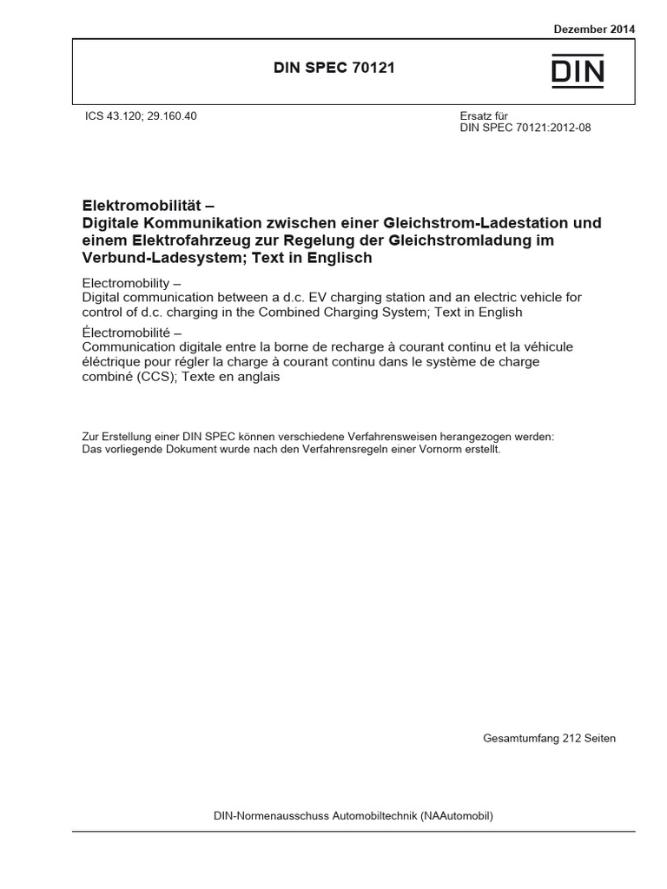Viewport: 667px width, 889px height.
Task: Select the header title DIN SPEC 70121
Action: click(x=334, y=68)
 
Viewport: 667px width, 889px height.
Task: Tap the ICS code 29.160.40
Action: click(x=174, y=115)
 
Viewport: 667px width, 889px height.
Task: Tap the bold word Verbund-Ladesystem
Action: click(x=150, y=259)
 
